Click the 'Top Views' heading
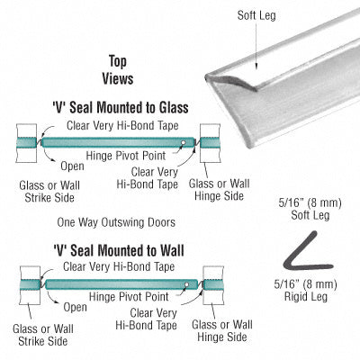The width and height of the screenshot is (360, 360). coord(118,70)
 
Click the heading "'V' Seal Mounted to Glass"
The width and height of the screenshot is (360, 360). coord(121,107)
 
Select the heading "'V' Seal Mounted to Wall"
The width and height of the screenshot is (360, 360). coord(119,250)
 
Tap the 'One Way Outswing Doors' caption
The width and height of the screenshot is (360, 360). coord(116,222)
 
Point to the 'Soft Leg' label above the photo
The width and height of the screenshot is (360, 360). coord(256,15)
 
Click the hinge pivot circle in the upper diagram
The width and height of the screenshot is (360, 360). coord(184,142)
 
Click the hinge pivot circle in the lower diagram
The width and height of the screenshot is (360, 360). coord(187,284)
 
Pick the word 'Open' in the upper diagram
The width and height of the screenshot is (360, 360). coord(72,166)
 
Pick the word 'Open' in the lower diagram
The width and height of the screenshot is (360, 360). coord(75,307)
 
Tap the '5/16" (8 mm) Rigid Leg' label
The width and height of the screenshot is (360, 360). coord(305,291)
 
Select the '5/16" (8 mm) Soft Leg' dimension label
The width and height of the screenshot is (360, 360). coord(310,209)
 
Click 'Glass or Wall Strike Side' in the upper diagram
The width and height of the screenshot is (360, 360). coord(49,192)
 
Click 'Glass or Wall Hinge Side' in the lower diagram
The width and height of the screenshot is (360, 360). coord(222,330)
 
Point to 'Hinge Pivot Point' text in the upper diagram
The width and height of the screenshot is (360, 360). coord(126,156)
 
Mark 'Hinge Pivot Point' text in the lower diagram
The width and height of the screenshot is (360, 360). coord(129,297)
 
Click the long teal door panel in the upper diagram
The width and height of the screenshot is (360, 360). coord(118,142)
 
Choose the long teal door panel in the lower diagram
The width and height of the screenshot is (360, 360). coord(121,284)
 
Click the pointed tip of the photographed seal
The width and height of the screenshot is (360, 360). coord(207,76)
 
